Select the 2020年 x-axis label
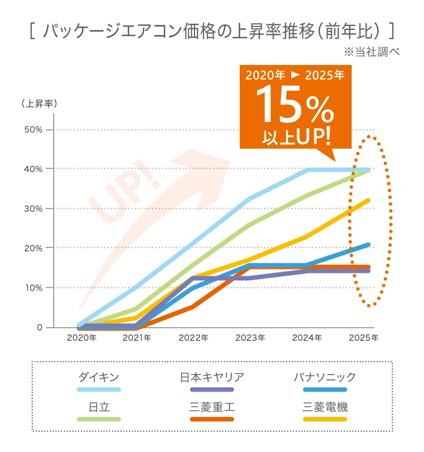point(81,338)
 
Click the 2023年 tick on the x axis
point(250,338)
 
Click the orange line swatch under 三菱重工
point(212,419)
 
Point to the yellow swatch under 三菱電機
point(325,419)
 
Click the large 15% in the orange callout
point(294,107)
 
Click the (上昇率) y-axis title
point(39,104)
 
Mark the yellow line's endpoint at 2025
point(369,200)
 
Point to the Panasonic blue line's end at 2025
point(369,245)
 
